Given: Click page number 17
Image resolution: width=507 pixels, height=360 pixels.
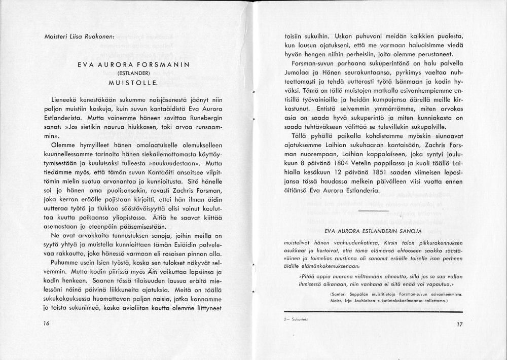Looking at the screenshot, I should point(460,325).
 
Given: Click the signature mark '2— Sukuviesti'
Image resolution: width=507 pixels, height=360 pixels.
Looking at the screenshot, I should point(299,320).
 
